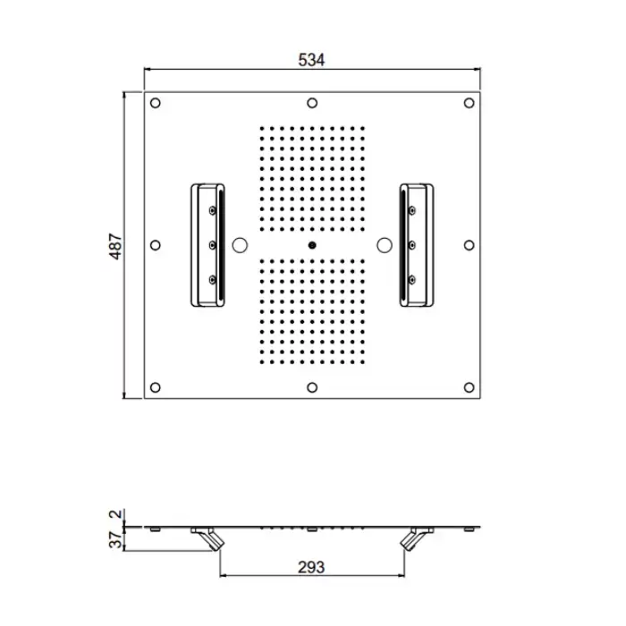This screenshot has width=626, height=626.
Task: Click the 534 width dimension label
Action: coord(311,60)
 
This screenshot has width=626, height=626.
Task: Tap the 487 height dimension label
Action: coord(115,246)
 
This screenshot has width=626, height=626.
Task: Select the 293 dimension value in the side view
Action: coord(311,567)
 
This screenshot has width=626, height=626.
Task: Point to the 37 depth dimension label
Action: coord(115,540)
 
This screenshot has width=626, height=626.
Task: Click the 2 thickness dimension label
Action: coord(115,514)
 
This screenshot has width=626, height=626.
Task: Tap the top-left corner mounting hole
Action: coord(156,103)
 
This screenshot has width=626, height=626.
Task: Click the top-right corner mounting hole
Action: coord(469,103)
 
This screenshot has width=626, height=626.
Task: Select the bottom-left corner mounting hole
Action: coord(156,387)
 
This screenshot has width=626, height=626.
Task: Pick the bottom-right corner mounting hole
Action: coord(469,387)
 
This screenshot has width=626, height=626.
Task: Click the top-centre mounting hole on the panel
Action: coord(312,103)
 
